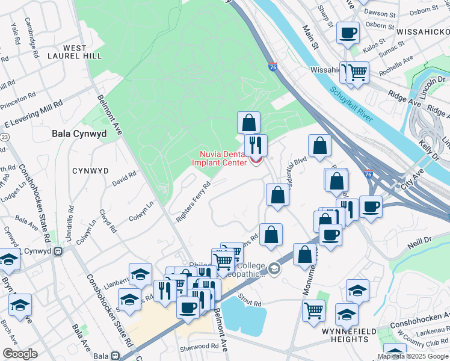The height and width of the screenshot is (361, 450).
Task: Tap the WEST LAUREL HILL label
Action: coord(83,52)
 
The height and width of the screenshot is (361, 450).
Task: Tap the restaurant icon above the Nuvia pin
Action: coord(255,144)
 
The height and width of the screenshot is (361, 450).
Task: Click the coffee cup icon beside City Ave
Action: coord(371,206)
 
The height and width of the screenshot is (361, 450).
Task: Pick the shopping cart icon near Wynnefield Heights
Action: coord(314,310)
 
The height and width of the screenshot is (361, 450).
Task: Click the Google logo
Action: coord(20,354)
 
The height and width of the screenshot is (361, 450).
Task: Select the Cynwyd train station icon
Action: coord(58,251)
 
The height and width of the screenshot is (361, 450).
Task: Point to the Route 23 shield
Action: coord(4,138)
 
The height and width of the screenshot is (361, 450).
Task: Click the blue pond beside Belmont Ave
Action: coord(244,315)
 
